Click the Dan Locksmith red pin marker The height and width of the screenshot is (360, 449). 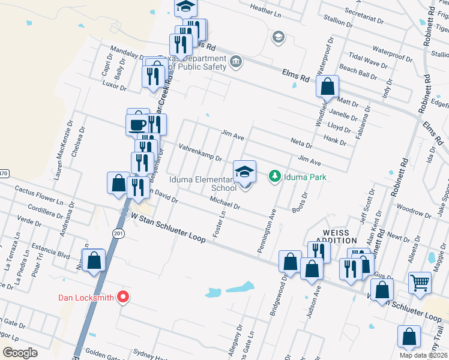point(123,296)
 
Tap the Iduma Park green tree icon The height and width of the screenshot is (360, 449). point(274,176)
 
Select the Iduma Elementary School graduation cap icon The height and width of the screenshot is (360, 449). point(244,173)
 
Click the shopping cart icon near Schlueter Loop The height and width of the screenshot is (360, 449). point(420,282)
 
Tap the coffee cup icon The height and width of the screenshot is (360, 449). point(137,125)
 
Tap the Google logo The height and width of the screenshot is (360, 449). point(20,352)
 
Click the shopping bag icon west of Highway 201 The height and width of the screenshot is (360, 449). point(94,261)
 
